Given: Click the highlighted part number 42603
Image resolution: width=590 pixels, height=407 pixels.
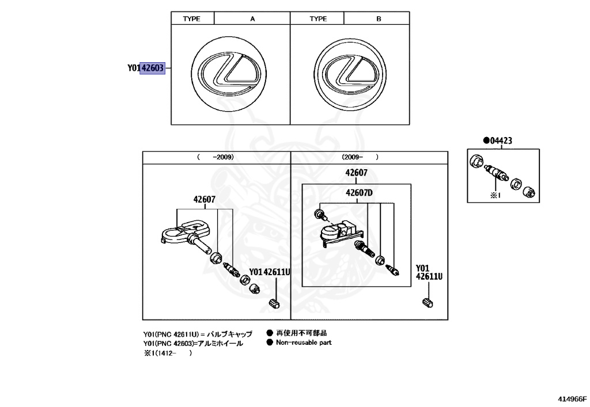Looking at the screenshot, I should pyautogui.click(x=153, y=69).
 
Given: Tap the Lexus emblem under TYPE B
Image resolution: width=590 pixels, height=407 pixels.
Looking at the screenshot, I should pyautogui.click(x=349, y=74).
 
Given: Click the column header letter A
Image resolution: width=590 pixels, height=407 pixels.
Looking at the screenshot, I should pyautogui.click(x=252, y=19).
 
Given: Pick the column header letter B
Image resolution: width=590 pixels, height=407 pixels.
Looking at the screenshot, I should pyautogui.click(x=379, y=19).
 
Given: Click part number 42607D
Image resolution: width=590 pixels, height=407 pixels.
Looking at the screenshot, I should pyautogui.click(x=360, y=193).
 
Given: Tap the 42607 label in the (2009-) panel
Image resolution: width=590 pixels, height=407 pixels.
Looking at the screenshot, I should pyautogui.click(x=356, y=173).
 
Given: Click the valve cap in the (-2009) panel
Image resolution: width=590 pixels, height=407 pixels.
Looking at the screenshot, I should pyautogui.click(x=274, y=303).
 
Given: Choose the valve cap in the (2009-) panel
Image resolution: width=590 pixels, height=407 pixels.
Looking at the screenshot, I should pyautogui.click(x=427, y=303).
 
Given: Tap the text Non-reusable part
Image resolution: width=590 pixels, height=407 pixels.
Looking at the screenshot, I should pyautogui.click(x=304, y=343).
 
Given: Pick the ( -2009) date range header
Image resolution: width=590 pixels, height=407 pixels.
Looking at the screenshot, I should pyautogui.click(x=215, y=157).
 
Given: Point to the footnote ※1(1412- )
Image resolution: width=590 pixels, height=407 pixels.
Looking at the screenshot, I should pyautogui.click(x=168, y=353).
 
